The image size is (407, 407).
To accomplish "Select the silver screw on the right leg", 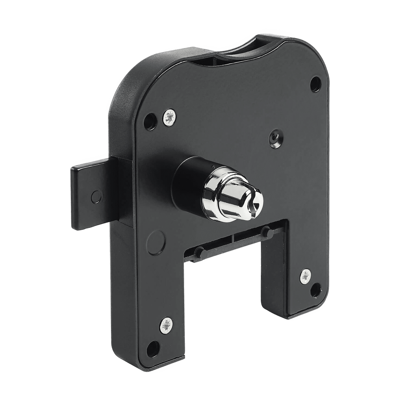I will [x=306, y=277].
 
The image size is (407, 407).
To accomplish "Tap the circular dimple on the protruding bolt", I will [x=96, y=195].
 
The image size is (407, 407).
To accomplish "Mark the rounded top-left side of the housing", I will [x=122, y=90].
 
